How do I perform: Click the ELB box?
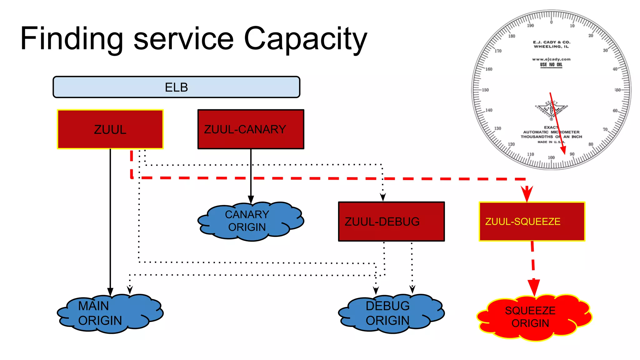click(176, 87)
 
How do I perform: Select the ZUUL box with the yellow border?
click(110, 129)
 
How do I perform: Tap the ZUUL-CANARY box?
click(251, 129)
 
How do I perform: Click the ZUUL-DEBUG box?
click(391, 222)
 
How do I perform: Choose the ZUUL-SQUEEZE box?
click(532, 222)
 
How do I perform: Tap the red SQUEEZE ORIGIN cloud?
click(533, 317)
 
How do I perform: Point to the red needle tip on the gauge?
click(564, 153)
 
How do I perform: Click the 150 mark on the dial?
click(485, 90)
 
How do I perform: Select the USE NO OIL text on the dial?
click(551, 65)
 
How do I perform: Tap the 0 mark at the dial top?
click(551, 22)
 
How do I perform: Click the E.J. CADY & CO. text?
click(552, 42)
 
